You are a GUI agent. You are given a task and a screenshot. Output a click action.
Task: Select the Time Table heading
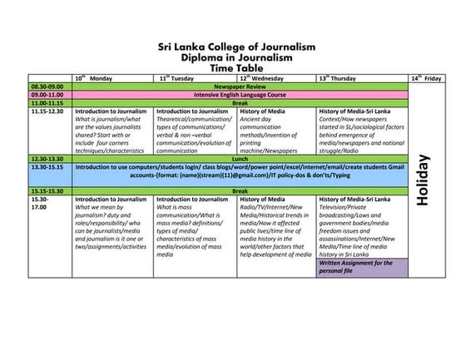tap(237, 68)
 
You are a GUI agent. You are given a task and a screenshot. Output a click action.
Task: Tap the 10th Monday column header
tap(95, 77)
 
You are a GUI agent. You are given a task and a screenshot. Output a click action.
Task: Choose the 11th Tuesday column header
tap(177, 77)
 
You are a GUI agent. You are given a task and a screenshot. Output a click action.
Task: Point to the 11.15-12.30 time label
tap(49, 111)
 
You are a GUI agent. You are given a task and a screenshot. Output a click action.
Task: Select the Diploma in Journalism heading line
tap(237, 57)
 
